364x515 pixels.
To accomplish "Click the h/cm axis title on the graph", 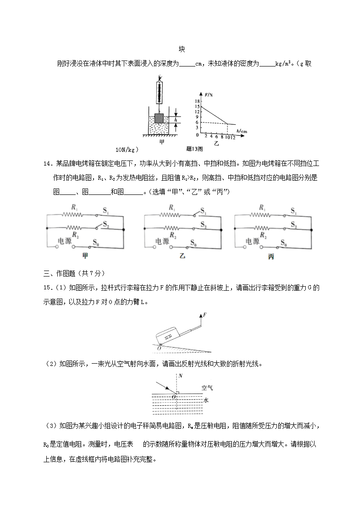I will pos(242,131).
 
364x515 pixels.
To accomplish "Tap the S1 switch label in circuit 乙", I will pos(203,212).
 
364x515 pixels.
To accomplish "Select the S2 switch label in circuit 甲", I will pos(106,225).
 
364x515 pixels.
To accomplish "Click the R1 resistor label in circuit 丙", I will pos(262,208).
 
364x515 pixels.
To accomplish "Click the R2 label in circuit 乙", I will pos(172,235).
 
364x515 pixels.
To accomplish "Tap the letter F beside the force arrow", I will pos(204,316).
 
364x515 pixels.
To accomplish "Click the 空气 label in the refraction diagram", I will pos(207,388).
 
